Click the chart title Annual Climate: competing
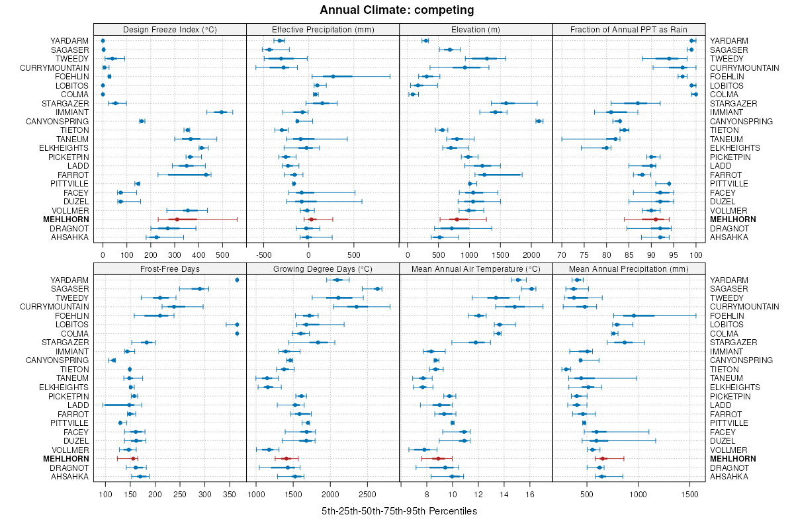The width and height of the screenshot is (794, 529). [396, 10]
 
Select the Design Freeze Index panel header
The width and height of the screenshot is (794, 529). [170, 30]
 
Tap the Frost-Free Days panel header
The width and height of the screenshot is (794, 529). [170, 269]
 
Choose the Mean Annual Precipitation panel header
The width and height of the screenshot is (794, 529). [629, 269]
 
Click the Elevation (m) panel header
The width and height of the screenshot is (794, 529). [476, 30]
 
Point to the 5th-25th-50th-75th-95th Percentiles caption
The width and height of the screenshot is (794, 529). [399, 511]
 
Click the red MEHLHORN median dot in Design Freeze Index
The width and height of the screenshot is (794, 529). [177, 219]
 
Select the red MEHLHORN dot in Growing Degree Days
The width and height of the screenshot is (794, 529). [286, 458]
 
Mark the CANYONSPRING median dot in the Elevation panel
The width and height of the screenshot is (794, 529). [539, 121]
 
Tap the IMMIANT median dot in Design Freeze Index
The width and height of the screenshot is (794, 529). [222, 112]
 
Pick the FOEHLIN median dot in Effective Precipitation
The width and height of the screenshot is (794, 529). [333, 77]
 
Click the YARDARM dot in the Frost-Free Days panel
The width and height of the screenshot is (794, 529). [237, 280]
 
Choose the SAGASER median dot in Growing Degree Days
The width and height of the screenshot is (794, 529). [377, 289]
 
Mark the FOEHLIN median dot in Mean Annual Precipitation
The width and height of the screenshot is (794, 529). [634, 315]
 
